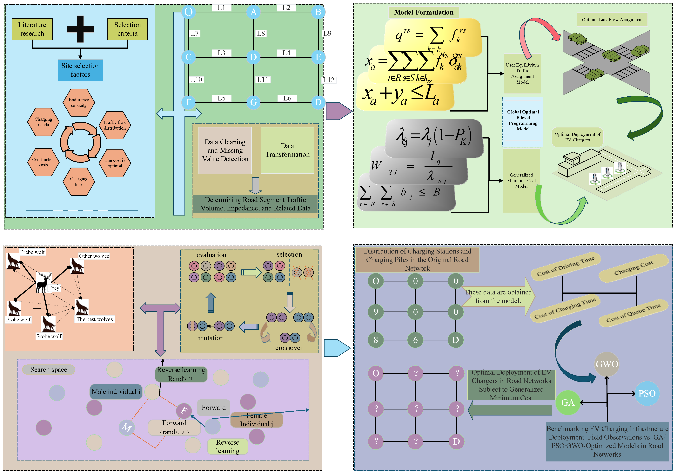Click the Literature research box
[x=32, y=29]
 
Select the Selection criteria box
[x=127, y=29]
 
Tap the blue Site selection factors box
[x=80, y=70]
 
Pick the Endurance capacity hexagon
[x=79, y=102]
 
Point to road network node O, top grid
[x=188, y=12]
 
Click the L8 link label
[x=261, y=33]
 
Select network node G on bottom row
[x=253, y=102]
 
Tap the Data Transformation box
[x=287, y=150]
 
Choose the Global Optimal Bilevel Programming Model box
[x=523, y=120]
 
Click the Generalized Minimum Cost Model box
[x=521, y=181]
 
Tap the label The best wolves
[x=95, y=319]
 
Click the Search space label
[x=49, y=369]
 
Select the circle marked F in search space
[x=184, y=410]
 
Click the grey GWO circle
[x=607, y=364]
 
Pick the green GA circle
[x=568, y=402]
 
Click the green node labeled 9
[x=376, y=312]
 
